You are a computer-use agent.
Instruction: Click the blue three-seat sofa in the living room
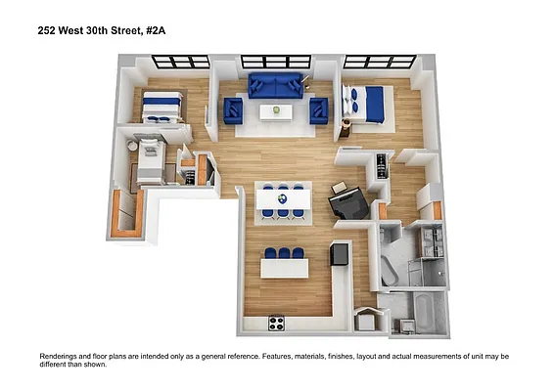[276, 85]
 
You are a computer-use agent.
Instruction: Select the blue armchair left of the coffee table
[233, 110]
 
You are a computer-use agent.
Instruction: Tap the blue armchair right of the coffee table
[319, 110]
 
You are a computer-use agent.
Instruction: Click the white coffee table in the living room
[276, 111]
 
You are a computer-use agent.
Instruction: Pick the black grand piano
[348, 203]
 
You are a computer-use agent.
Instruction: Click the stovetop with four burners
[277, 323]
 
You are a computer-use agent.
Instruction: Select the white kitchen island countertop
[284, 267]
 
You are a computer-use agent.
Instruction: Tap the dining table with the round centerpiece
[283, 200]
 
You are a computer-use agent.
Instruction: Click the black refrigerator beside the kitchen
[341, 254]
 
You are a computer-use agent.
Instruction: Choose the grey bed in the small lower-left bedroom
[149, 162]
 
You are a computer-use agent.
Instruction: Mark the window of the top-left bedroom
[180, 62]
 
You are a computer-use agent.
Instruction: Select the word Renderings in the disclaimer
[62, 357]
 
